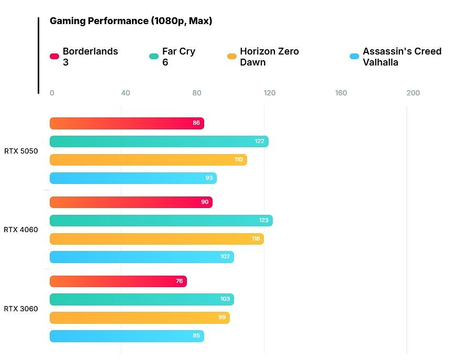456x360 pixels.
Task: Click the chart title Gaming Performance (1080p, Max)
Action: point(130,21)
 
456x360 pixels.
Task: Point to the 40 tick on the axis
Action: point(125,93)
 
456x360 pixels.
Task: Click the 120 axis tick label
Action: point(269,93)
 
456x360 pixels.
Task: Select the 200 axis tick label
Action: point(413,93)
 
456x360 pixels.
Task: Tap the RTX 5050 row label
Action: point(21,151)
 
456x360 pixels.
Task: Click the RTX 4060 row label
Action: point(21,230)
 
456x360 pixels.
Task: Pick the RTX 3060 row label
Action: point(21,309)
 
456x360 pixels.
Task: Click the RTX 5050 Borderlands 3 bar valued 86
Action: point(126,123)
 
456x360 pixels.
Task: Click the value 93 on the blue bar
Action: point(209,178)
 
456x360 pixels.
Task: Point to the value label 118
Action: point(255,239)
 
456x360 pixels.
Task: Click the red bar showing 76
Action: point(118,281)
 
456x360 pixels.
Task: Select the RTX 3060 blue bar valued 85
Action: point(126,336)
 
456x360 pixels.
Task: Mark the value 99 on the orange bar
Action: point(222,318)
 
